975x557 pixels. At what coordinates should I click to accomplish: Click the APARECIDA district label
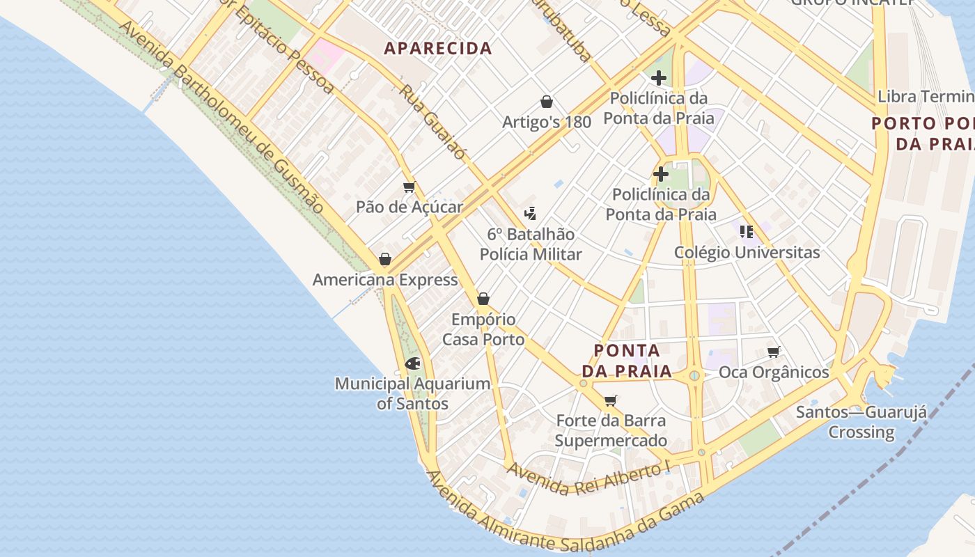click(x=438, y=48)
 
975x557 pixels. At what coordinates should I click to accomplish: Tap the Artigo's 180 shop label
click(x=547, y=122)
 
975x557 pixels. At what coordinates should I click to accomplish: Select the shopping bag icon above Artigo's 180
click(x=547, y=102)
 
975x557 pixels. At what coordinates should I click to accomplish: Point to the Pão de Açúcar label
click(x=409, y=207)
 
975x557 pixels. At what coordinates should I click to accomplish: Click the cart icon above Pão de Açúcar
click(x=409, y=187)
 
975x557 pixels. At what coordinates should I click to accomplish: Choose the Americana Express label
click(x=385, y=280)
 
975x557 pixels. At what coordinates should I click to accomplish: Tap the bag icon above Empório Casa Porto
click(x=483, y=299)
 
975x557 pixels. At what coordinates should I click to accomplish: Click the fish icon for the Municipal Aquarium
click(x=412, y=363)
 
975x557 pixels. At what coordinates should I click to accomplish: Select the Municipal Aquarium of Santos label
click(x=412, y=393)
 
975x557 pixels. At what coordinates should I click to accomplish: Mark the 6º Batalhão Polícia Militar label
click(x=531, y=244)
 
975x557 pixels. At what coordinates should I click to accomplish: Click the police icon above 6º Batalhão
click(x=531, y=213)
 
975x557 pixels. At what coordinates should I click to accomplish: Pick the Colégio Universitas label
click(x=747, y=252)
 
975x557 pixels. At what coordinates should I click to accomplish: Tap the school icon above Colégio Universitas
click(x=747, y=231)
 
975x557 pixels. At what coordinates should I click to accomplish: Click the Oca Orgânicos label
click(x=774, y=372)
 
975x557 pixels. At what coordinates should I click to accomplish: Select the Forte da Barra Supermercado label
click(x=611, y=430)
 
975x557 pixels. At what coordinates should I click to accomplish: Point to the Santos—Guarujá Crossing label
click(x=861, y=422)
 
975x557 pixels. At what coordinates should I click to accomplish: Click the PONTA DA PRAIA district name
click(x=633, y=361)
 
